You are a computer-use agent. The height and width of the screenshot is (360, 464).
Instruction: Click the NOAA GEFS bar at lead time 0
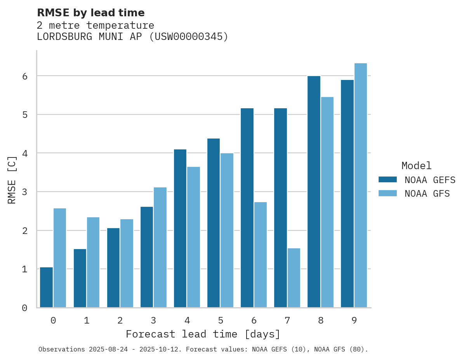[46, 287]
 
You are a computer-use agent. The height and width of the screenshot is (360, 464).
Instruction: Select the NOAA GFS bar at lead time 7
[294, 278]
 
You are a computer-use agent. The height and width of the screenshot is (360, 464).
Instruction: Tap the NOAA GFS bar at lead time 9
[361, 185]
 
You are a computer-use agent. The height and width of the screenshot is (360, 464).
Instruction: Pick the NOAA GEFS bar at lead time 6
[247, 208]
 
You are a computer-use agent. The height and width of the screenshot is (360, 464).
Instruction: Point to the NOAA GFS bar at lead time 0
[60, 258]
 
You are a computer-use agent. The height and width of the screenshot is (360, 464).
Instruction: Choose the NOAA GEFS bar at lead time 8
[314, 192]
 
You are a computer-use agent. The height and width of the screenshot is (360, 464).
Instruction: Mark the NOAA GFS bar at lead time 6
[261, 255]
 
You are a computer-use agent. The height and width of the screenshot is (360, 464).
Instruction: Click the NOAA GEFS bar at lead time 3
[147, 257]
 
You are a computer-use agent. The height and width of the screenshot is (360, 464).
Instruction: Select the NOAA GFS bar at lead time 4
[193, 237]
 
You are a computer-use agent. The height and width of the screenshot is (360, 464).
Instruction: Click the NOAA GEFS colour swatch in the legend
[388, 180]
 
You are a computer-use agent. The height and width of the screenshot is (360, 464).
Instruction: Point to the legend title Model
[416, 166]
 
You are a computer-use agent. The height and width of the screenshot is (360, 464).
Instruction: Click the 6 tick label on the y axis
[25, 76]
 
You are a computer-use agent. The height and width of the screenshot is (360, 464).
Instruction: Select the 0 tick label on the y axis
[25, 308]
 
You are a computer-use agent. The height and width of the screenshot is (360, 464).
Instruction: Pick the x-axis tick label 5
[221, 321]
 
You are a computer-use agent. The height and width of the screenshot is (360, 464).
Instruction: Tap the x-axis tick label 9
[354, 321]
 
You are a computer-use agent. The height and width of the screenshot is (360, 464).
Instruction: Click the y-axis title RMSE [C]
[12, 180]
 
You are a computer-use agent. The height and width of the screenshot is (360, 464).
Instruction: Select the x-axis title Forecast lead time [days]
[203, 334]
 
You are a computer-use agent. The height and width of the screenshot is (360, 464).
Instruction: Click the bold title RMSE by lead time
[91, 13]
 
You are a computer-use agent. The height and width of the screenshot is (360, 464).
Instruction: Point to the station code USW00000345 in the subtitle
[188, 37]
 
